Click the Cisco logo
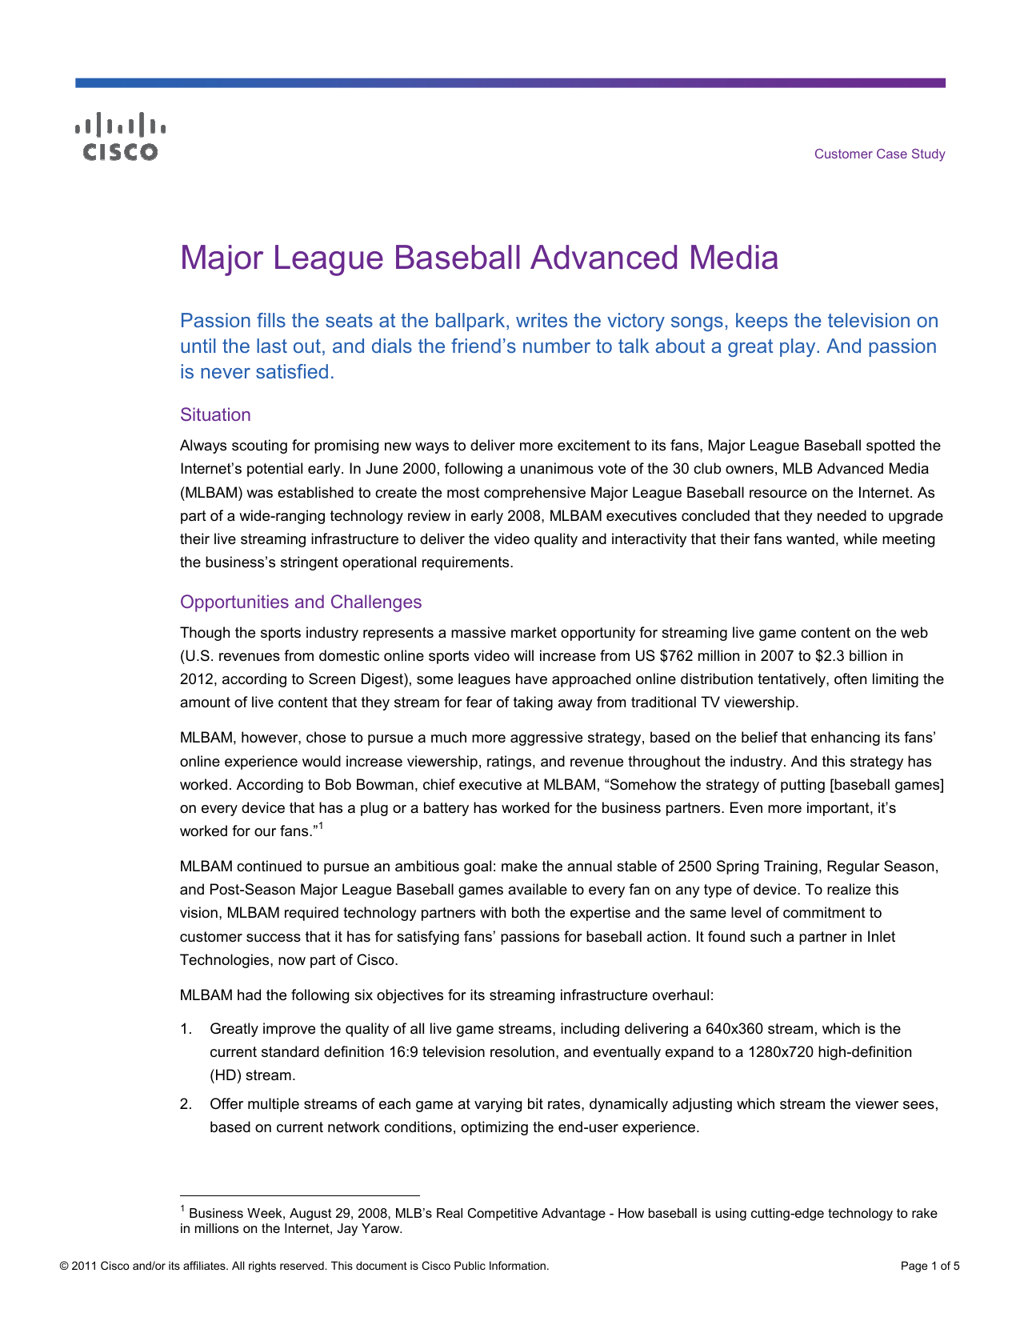point(121,137)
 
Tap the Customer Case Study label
point(879,154)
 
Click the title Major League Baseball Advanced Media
point(478,258)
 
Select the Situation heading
point(215,414)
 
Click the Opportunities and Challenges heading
point(300,602)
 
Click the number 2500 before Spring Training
point(694,867)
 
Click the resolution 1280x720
point(780,1052)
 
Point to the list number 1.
point(186,1029)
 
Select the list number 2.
point(186,1104)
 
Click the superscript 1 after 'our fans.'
point(320,827)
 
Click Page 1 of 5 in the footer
point(930,1266)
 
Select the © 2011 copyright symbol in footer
point(64,1266)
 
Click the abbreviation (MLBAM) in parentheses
point(206,492)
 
